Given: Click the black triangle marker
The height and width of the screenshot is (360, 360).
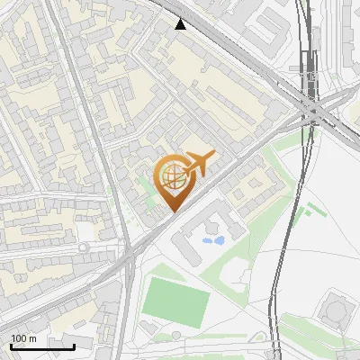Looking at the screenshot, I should click(181, 24).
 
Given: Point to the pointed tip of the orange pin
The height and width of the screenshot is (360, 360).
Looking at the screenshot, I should click(172, 211).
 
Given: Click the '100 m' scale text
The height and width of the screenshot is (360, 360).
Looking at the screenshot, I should click(23, 338).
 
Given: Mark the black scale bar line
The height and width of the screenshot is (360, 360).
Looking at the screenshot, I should click(42, 346).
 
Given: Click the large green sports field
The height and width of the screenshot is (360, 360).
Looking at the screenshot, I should click(175, 300).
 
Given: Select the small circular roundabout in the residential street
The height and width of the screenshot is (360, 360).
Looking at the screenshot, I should click(84, 247).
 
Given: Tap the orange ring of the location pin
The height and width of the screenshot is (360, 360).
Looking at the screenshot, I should click(158, 176).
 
